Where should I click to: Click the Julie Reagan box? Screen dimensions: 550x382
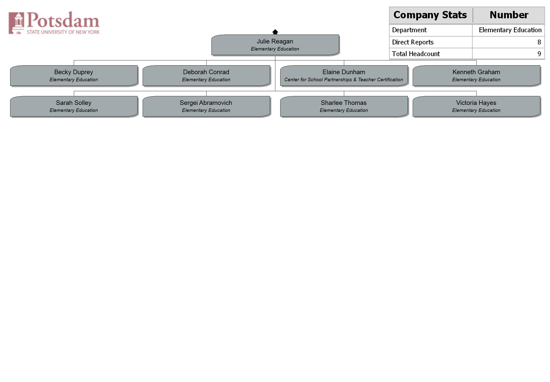tap(275, 45)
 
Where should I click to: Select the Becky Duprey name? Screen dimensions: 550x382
tap(74, 72)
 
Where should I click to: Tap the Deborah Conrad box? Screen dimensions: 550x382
tap(206, 76)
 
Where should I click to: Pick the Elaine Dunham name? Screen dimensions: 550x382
tap(344, 72)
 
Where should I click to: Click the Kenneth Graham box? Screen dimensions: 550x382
tap(476, 76)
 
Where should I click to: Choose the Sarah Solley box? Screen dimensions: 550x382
tap(74, 106)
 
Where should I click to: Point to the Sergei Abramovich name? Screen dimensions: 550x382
tap(206, 103)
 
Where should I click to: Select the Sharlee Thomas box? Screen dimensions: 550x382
tap(344, 106)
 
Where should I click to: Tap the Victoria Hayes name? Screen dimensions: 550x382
tap(476, 103)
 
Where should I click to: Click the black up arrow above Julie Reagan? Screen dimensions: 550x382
tap(275, 32)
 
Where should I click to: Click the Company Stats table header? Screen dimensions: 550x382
tap(430, 15)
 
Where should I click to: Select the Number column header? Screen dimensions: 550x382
tap(509, 15)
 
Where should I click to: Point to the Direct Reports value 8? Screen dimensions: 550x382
tap(539, 42)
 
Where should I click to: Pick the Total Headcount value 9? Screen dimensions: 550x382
tap(539, 54)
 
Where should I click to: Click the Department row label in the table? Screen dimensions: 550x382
tap(409, 30)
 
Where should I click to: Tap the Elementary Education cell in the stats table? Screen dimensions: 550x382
tap(510, 30)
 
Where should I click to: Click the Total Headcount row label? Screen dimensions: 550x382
tap(416, 54)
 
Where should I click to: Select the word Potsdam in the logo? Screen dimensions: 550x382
tap(63, 20)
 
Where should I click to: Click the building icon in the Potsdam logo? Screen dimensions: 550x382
tap(16, 23)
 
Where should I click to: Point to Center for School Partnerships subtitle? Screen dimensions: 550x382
tap(344, 80)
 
